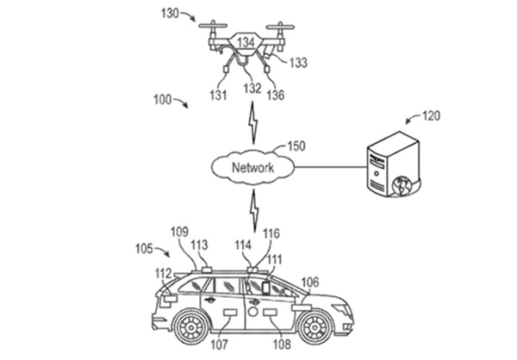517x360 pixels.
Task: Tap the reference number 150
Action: coord(296,146)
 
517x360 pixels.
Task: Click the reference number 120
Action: coord(431,115)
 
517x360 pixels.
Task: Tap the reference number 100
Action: coord(162,100)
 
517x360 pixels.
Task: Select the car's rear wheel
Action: coord(190,326)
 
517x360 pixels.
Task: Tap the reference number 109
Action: coord(178,232)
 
